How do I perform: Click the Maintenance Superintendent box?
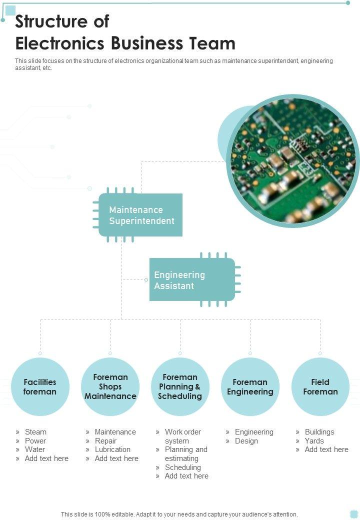140,215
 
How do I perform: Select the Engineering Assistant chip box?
192,280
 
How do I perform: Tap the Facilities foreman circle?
40,386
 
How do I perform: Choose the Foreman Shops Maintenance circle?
110,386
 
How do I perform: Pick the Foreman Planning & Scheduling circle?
180,386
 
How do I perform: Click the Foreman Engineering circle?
250,386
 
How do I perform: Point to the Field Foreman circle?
320,386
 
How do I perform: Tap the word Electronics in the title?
60,43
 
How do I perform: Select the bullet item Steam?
35,432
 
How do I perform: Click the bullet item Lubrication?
112,449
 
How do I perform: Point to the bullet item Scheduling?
182,467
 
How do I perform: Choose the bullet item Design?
246,441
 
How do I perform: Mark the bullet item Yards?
314,441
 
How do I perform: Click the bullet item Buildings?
319,432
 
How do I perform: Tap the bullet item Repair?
105,441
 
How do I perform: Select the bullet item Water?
34,449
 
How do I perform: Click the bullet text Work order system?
182,436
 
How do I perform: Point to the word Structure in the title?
48,21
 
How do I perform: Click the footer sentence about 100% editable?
179,514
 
